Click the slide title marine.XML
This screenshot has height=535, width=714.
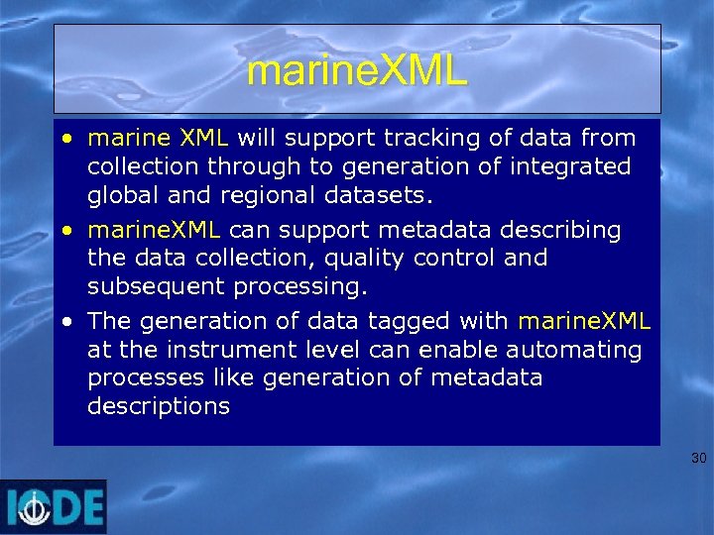point(357,71)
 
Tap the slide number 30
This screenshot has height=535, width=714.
point(698,458)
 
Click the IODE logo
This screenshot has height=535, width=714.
point(54,506)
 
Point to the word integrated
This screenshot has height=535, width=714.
point(568,165)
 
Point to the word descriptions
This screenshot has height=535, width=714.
point(159,407)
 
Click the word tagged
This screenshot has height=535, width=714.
point(414,322)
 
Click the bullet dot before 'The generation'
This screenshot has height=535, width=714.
point(65,322)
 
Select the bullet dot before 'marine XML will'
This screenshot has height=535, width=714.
point(65,137)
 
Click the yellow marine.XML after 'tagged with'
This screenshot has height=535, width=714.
point(584,321)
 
